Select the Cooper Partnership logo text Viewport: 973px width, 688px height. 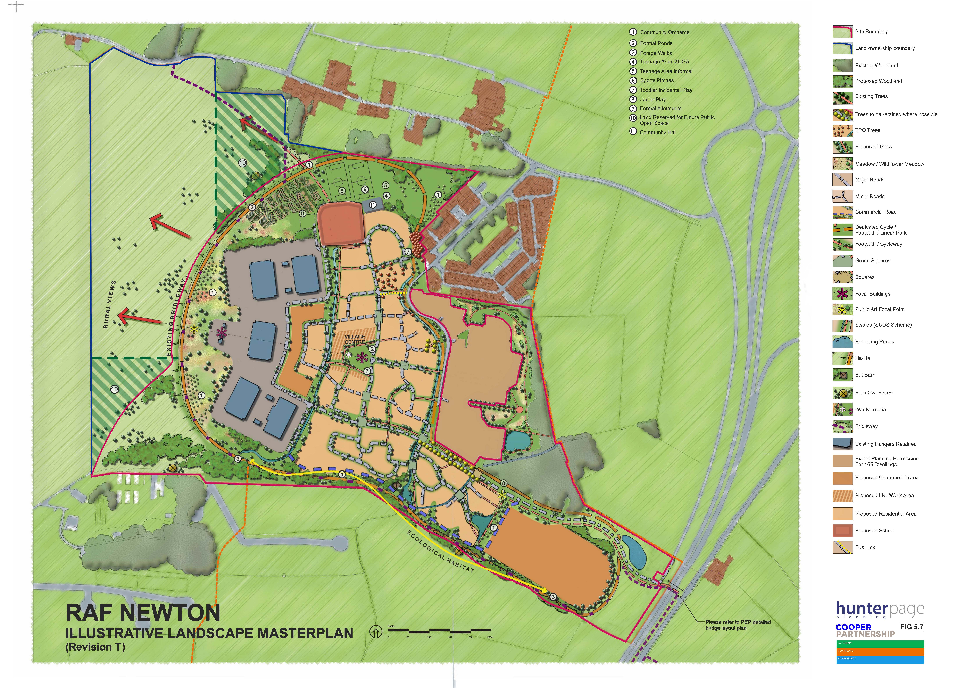coord(865,630)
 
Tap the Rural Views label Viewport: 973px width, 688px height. coord(109,304)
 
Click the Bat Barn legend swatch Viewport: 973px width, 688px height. coord(842,375)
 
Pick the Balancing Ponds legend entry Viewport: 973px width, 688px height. coord(874,341)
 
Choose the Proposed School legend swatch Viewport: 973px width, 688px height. coord(842,530)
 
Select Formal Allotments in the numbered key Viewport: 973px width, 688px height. coord(660,108)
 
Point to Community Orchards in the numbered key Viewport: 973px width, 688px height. coord(664,32)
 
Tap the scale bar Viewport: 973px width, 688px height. coord(439,631)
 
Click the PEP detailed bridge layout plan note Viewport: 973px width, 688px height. coord(737,625)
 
